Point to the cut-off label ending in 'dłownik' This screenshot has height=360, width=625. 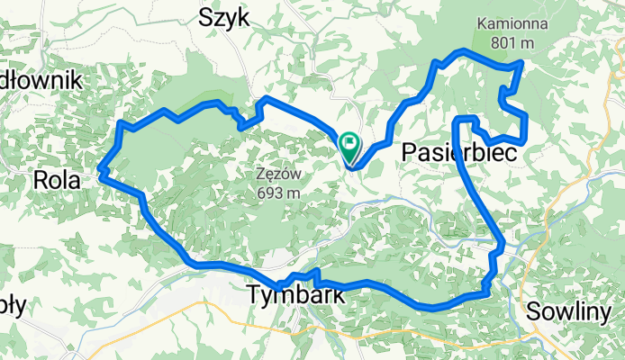coord(41,80)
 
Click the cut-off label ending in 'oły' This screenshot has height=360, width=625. coord(12,304)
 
